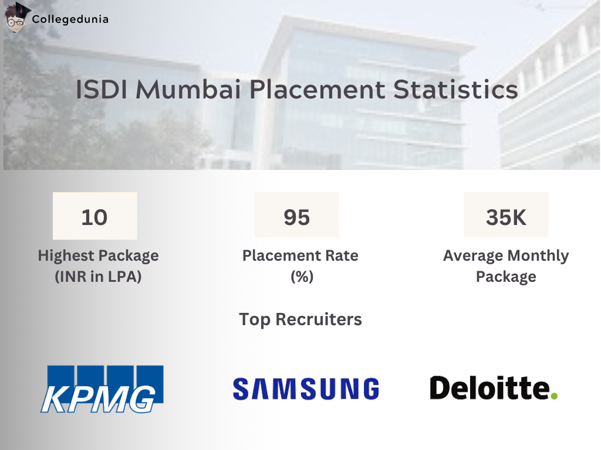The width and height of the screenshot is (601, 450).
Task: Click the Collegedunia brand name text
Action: coord(70,19)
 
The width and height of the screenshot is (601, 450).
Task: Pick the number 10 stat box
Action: coord(94,217)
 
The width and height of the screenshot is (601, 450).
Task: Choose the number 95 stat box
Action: coord(296,217)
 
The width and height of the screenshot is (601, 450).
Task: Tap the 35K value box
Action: coord(506,217)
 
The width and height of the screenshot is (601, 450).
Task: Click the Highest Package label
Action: coord(98,256)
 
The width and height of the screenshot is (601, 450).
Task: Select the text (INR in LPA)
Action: coord(98,277)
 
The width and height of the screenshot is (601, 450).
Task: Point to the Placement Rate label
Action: coord(300,256)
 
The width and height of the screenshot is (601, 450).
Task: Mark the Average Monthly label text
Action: coord(506,256)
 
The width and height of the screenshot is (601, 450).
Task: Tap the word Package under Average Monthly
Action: coord(506,277)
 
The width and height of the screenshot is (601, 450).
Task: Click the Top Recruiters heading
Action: coord(300,319)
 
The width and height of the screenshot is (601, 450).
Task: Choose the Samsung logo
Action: coord(306,388)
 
